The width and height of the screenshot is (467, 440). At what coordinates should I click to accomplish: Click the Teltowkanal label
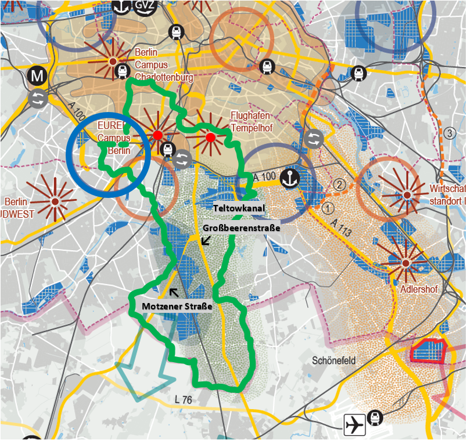point(239,208)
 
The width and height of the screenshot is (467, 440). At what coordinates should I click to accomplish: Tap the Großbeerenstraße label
point(242,228)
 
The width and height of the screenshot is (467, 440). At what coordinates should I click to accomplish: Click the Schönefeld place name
point(334,360)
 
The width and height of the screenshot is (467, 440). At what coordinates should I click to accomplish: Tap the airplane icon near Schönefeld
point(354,425)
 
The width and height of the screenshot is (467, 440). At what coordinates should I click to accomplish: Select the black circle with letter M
point(38,75)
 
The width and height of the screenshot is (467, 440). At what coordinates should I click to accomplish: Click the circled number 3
point(449,133)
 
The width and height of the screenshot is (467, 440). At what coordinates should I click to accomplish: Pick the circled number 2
point(340,186)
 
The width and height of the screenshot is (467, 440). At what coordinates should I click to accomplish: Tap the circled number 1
point(329,207)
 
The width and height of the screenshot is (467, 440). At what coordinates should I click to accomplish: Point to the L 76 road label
point(184,399)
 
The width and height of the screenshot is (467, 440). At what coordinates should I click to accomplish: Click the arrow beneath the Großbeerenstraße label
point(204,240)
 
